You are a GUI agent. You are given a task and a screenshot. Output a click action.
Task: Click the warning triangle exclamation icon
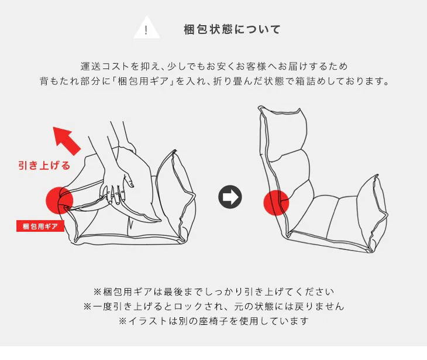pyautogui.click(x=146, y=29)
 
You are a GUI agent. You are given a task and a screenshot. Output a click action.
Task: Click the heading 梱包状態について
pyautogui.click(x=232, y=29)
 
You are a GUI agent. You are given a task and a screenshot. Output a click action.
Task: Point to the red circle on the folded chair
pyautogui.click(x=59, y=200)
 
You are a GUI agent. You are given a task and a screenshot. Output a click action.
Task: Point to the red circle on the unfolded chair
pyautogui.click(x=276, y=202)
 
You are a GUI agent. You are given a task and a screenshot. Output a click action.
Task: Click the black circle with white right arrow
pyautogui.click(x=230, y=197)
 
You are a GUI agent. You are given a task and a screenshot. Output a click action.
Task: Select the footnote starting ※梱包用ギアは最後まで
pyautogui.click(x=213, y=291)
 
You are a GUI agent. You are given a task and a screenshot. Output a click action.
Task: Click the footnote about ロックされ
pyautogui.click(x=213, y=306)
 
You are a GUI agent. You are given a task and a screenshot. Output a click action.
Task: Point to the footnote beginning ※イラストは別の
pyautogui.click(x=213, y=321)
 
